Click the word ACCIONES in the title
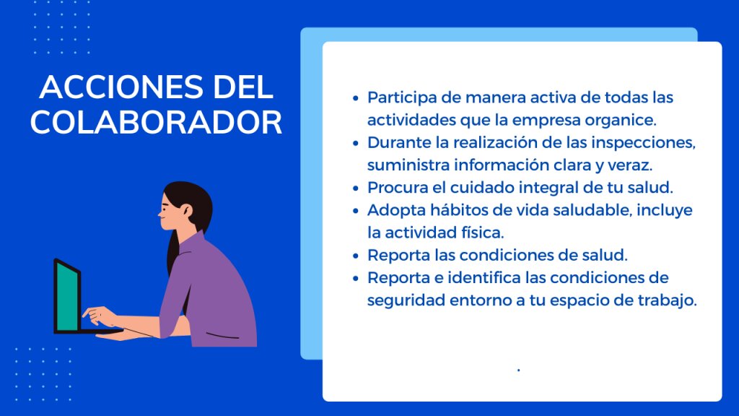121,87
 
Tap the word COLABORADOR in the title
156,123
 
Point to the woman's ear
186,210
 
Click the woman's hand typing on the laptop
100,316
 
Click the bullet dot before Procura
356,188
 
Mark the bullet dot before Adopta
356,211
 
